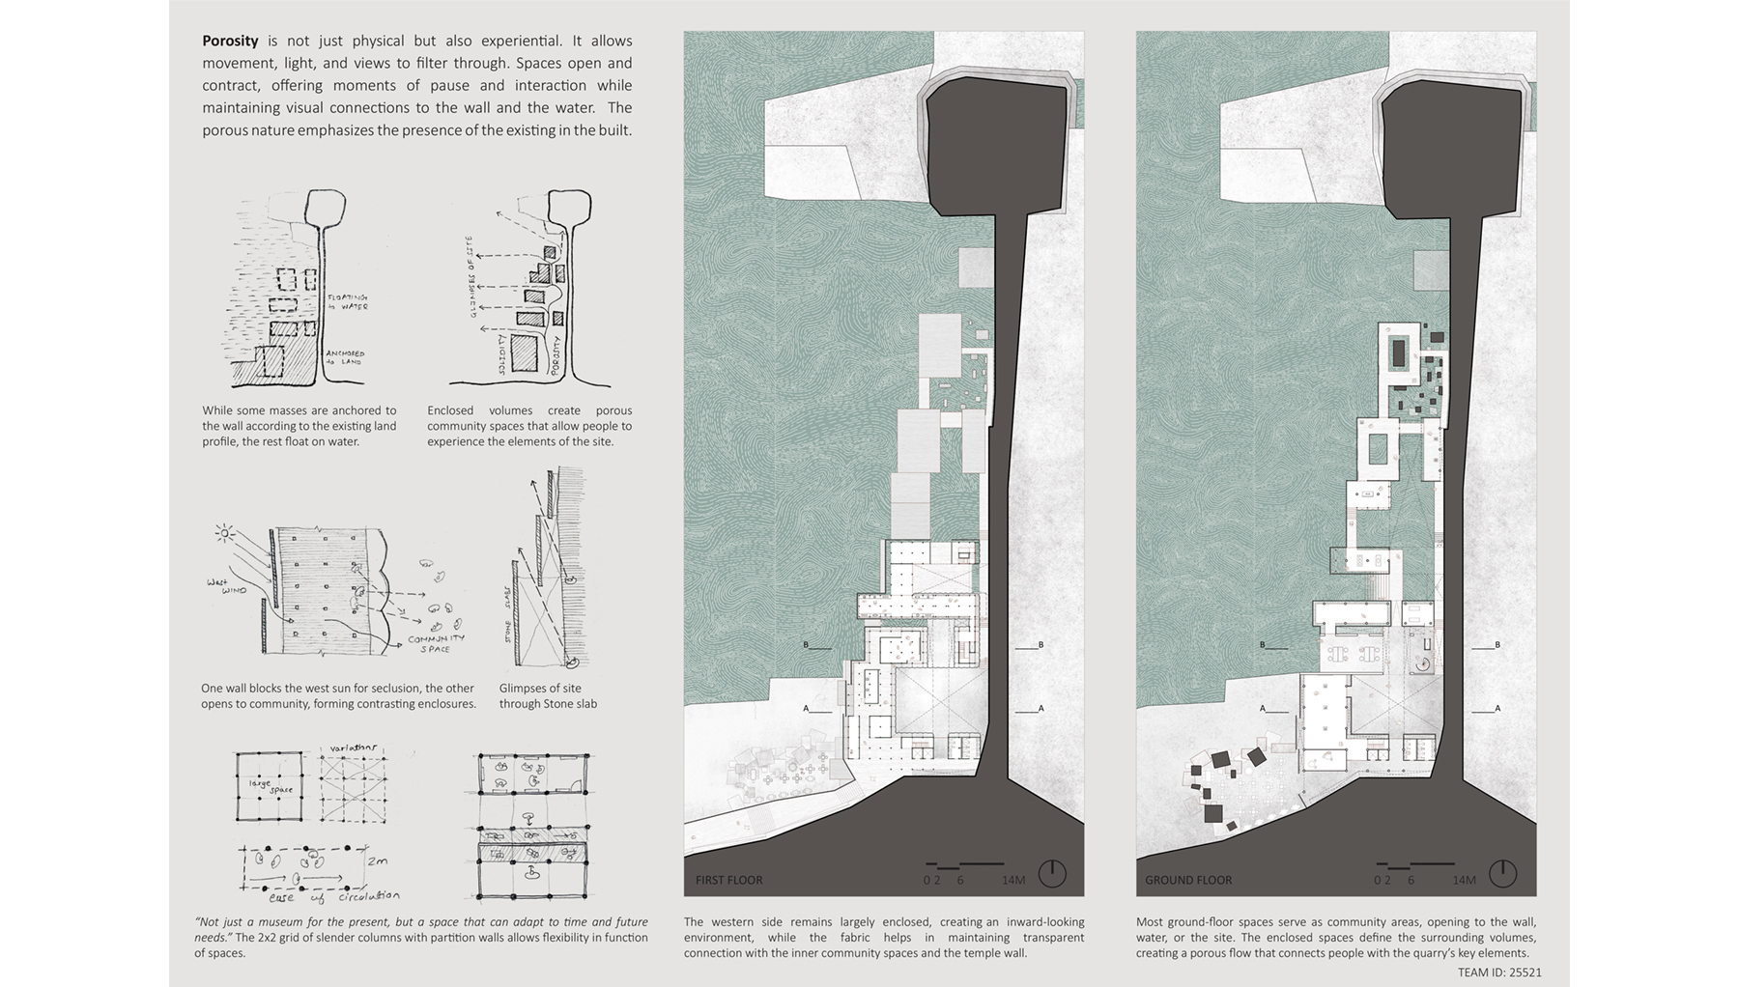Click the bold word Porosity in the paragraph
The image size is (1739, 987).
[230, 41]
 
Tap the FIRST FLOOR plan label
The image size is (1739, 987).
[728, 880]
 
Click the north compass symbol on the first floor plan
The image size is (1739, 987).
[1051, 873]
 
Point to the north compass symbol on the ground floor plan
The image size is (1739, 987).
[1502, 873]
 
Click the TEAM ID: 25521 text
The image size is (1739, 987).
[1499, 973]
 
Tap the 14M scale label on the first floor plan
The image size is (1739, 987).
[1012, 880]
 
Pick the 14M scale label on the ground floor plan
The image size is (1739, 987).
[1464, 880]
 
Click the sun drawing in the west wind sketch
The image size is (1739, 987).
[225, 532]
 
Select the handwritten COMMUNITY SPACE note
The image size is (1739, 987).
[436, 643]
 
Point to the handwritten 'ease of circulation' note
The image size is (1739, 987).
[333, 896]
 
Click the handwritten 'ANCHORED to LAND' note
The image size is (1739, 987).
[345, 357]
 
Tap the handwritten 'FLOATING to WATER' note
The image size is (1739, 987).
[347, 301]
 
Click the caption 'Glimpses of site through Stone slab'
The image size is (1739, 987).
[548, 696]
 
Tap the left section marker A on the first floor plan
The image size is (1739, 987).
[806, 709]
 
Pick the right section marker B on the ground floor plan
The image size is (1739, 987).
[1497, 645]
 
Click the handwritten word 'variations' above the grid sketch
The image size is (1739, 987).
[353, 748]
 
